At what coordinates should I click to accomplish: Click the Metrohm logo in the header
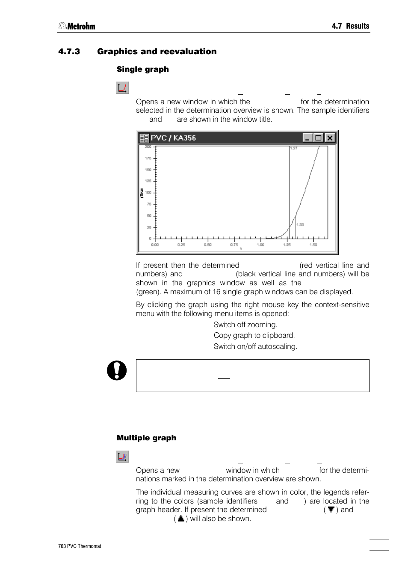coord(77,26)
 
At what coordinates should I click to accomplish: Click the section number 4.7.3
coord(69,52)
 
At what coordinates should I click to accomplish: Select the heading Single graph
coord(142,69)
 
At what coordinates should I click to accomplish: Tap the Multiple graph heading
coord(146,438)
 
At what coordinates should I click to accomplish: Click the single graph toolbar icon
coord(122,88)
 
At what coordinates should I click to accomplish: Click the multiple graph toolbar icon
coord(122,457)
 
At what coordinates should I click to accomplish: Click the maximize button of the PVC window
coord(318,138)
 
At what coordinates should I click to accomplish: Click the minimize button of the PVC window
coord(307,138)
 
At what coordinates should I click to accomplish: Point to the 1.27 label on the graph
coord(293,148)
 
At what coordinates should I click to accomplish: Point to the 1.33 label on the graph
coord(300,225)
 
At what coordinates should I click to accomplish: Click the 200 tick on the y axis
coord(148,146)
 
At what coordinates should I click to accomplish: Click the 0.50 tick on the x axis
coord(207,245)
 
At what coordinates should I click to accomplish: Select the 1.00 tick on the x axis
coord(260,245)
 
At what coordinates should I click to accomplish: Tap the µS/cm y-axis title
coord(141,193)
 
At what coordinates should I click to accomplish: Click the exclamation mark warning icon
coord(117,370)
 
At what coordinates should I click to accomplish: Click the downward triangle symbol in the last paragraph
coord(331,510)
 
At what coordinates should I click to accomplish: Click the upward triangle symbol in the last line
coord(181,518)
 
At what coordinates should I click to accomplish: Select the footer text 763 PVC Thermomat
coord(80,546)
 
